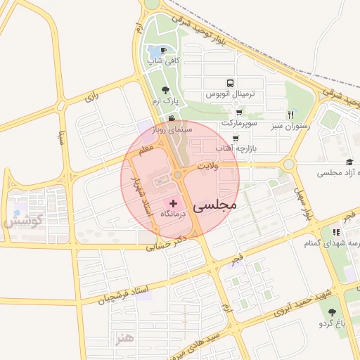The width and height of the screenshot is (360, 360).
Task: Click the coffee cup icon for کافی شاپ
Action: (164, 51)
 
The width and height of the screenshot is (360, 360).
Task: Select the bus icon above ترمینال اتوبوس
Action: (229, 83)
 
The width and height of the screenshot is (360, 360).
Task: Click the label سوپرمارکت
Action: (239, 123)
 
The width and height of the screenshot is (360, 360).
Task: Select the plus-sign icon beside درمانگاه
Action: (174, 202)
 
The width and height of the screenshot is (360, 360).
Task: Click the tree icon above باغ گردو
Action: (332, 311)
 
